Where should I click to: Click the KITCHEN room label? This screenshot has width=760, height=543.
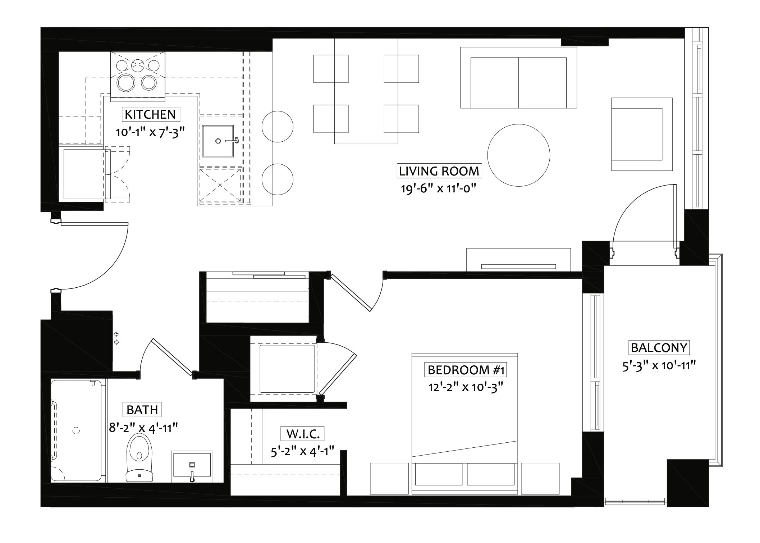[x=150, y=114]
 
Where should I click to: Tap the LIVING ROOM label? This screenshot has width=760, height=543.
[x=439, y=171]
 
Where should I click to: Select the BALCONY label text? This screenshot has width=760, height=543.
[x=659, y=348]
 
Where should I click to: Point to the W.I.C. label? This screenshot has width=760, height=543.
[x=303, y=434]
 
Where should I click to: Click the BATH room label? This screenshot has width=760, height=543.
[x=142, y=410]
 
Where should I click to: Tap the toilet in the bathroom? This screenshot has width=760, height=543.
[x=139, y=457]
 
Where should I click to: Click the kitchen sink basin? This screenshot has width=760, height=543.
[x=218, y=141]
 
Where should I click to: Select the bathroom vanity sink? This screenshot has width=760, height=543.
[x=192, y=466]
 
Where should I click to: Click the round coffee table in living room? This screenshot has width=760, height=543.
[x=518, y=155]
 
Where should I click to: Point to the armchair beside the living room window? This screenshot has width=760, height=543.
[x=642, y=134]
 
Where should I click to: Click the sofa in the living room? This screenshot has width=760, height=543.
[x=518, y=77]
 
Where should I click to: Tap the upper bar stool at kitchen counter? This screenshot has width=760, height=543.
[x=277, y=127]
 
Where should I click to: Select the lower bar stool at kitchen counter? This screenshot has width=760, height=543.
[x=277, y=179]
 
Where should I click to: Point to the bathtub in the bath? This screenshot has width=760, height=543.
[x=76, y=430]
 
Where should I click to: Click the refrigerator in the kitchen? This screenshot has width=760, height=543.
[x=84, y=174]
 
